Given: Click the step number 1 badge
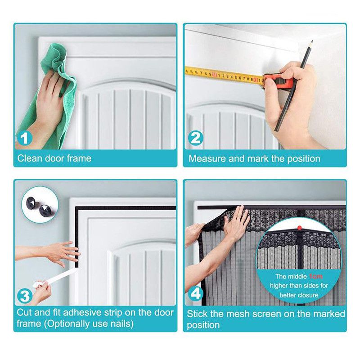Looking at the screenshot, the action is tap(25, 138).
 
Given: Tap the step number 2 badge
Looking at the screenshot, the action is tap(195, 138).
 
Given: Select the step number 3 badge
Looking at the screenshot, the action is tap(25, 296).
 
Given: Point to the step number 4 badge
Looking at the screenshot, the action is tap(195, 294).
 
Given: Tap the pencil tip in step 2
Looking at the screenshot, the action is tap(312, 41).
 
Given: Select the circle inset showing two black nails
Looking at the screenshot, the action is tap(40, 205).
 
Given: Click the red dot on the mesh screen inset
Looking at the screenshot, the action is tap(299, 228).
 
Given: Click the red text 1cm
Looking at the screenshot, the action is tap(316, 276).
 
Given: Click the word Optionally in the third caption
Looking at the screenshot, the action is tap(67, 324).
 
